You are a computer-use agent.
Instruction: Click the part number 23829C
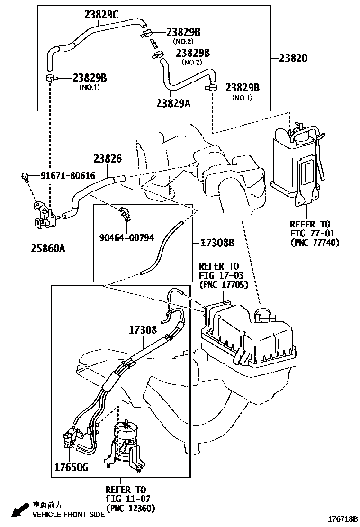(101, 15)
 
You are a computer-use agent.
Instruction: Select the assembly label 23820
(293, 58)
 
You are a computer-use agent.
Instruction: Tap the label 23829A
(173, 103)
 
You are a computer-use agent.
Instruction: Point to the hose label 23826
(108, 158)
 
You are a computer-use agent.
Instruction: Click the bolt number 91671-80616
(68, 175)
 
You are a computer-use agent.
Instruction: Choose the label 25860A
(48, 248)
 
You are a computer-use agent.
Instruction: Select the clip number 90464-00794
(126, 237)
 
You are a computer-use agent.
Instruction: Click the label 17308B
(217, 243)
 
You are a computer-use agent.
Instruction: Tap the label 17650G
(72, 467)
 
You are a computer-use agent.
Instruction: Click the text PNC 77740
(315, 243)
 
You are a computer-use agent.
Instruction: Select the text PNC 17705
(224, 285)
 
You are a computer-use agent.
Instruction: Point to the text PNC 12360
(131, 508)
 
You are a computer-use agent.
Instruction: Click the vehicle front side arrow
(20, 509)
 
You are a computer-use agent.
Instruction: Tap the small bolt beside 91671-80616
(25, 176)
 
